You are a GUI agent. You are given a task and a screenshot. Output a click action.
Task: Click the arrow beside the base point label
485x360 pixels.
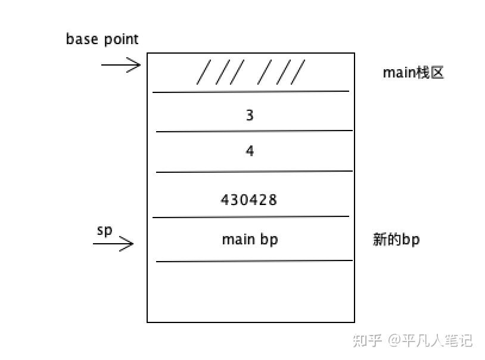click(121, 64)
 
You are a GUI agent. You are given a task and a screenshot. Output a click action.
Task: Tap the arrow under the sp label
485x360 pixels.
click(113, 243)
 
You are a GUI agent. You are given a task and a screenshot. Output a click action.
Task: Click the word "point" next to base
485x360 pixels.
click(121, 40)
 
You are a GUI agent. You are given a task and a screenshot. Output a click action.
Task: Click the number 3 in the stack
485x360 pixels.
click(250, 115)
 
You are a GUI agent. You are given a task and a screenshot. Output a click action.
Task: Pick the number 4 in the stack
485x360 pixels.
click(250, 151)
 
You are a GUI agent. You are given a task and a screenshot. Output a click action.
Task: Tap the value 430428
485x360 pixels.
click(249, 200)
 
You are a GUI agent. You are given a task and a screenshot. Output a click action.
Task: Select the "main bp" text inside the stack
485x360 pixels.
click(250, 240)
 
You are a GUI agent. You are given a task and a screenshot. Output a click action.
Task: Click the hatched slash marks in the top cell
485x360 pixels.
click(251, 73)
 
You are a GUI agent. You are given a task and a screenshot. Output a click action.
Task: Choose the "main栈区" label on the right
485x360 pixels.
click(414, 73)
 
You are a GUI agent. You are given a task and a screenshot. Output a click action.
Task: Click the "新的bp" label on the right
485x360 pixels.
click(396, 240)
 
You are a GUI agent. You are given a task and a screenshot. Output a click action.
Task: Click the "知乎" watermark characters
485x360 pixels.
click(367, 340)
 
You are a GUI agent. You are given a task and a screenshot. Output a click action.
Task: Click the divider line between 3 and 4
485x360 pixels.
click(254, 131)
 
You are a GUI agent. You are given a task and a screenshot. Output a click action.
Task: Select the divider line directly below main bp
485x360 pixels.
click(254, 260)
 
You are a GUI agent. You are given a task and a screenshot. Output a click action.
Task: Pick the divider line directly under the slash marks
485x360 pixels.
click(250, 91)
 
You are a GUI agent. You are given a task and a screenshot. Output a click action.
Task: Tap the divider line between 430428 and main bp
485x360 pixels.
click(250, 216)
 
